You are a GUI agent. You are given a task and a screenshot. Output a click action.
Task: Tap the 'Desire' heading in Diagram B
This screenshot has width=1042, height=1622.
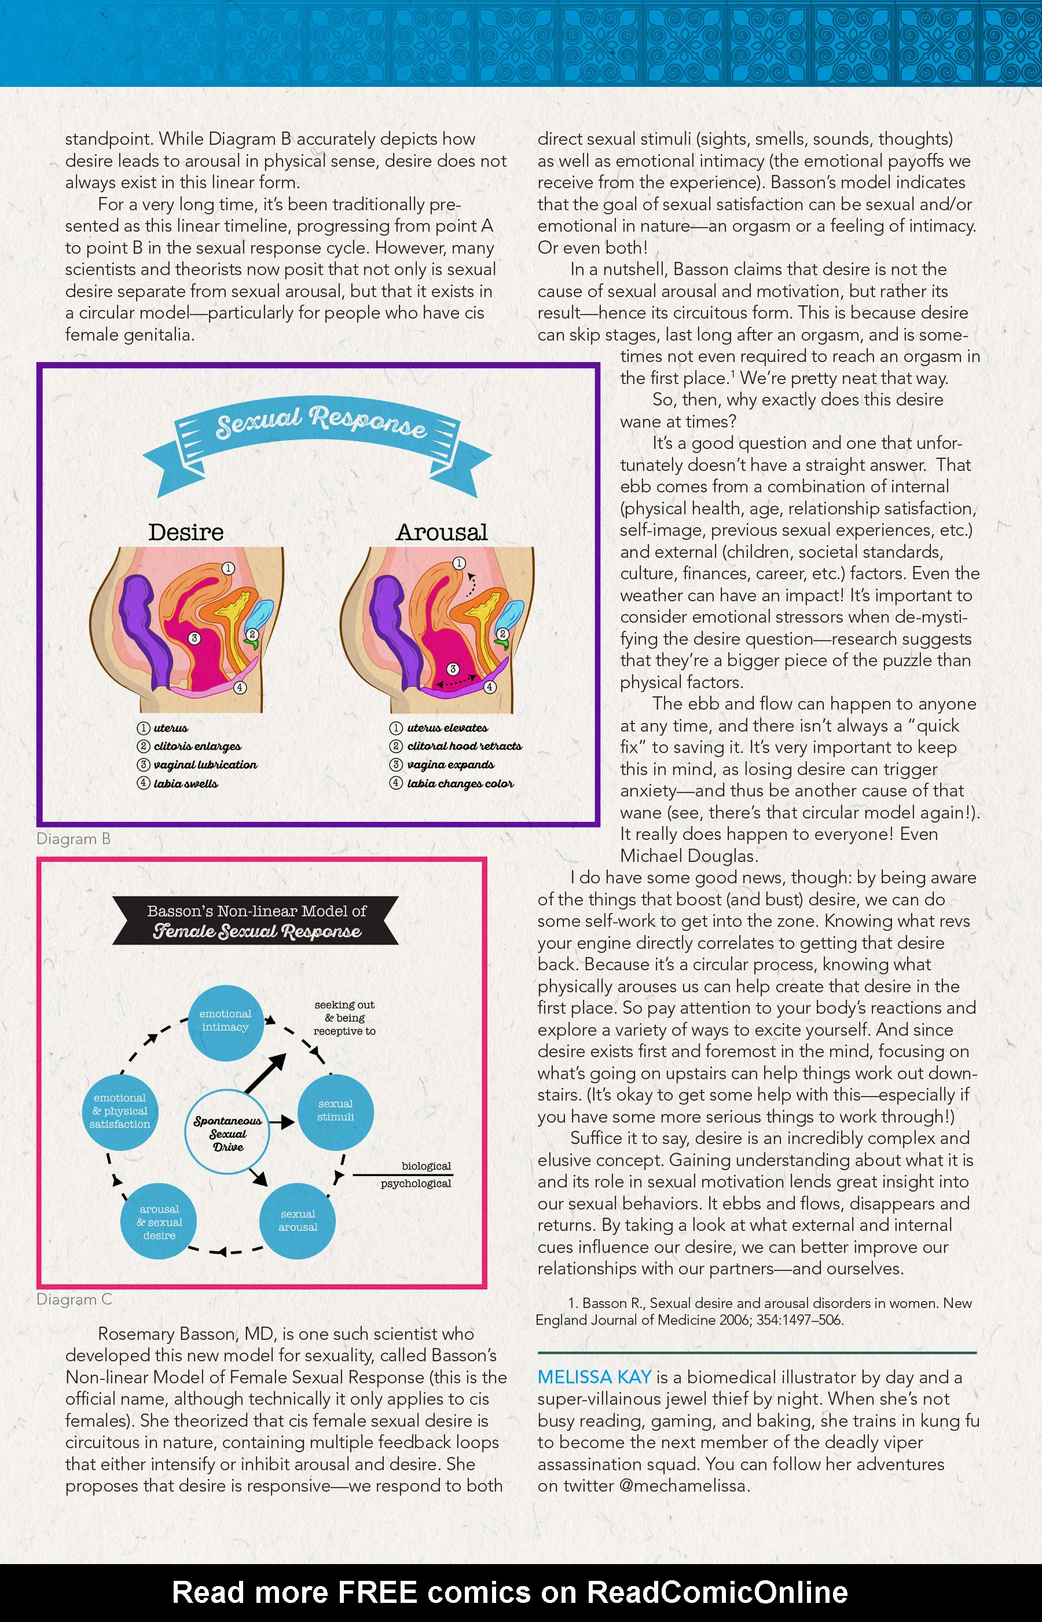pos(186,532)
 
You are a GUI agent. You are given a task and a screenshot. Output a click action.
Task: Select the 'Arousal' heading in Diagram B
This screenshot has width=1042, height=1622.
pos(442,532)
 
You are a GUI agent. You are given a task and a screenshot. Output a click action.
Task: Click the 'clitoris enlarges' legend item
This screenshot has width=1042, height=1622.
pos(197,746)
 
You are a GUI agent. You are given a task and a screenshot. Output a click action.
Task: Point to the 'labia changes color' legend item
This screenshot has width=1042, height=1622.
pos(460,783)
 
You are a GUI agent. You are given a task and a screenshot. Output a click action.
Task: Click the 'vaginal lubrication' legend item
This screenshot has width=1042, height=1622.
pos(205,764)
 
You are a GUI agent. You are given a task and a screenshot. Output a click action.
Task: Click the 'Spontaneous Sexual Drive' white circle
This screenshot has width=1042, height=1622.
pos(228,1132)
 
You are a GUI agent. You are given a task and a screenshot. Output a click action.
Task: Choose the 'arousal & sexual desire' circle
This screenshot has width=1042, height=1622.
pos(159,1221)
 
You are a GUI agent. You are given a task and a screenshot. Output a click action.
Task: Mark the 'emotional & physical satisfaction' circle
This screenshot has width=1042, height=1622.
pos(120,1112)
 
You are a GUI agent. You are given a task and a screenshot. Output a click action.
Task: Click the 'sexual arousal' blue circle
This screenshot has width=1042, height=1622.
pos(298,1221)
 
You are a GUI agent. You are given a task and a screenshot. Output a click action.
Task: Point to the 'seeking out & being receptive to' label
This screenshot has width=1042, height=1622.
pos(344,1017)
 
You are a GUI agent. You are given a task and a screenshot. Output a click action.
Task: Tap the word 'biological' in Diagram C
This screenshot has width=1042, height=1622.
pos(426,1166)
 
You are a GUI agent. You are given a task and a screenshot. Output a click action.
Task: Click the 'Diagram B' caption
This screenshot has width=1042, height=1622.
pos(73,839)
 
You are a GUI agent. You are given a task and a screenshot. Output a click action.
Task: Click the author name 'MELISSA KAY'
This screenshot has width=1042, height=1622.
pos(594,1377)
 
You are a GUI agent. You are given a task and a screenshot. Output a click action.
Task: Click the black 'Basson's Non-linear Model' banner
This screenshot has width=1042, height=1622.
pos(256,921)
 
